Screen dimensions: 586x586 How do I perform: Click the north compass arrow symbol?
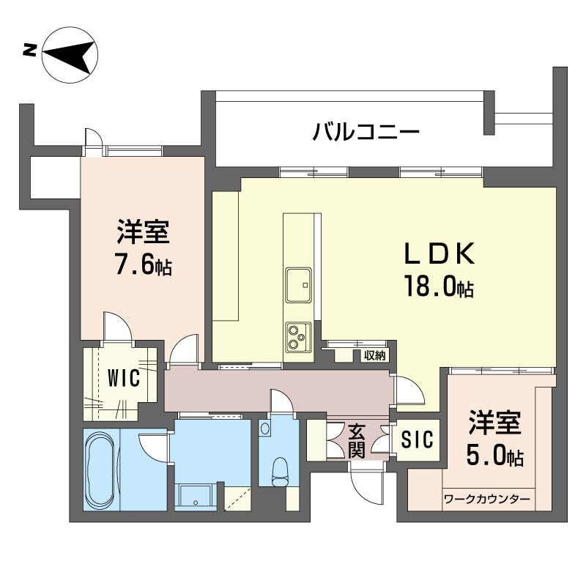click(x=70, y=54)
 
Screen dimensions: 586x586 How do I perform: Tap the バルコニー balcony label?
click(x=366, y=133)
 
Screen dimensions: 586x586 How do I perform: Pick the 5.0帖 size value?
click(x=494, y=457)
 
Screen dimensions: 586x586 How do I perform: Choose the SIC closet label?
click(x=418, y=439)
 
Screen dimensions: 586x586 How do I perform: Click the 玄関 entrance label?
click(x=357, y=440)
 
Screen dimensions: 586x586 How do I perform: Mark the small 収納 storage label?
click(x=374, y=355)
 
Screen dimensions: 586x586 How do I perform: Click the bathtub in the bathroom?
click(x=100, y=470)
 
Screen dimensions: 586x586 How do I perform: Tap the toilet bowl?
click(x=278, y=469)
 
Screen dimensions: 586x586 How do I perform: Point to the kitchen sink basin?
click(x=299, y=283)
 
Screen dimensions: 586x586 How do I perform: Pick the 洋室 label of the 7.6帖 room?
click(x=144, y=232)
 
